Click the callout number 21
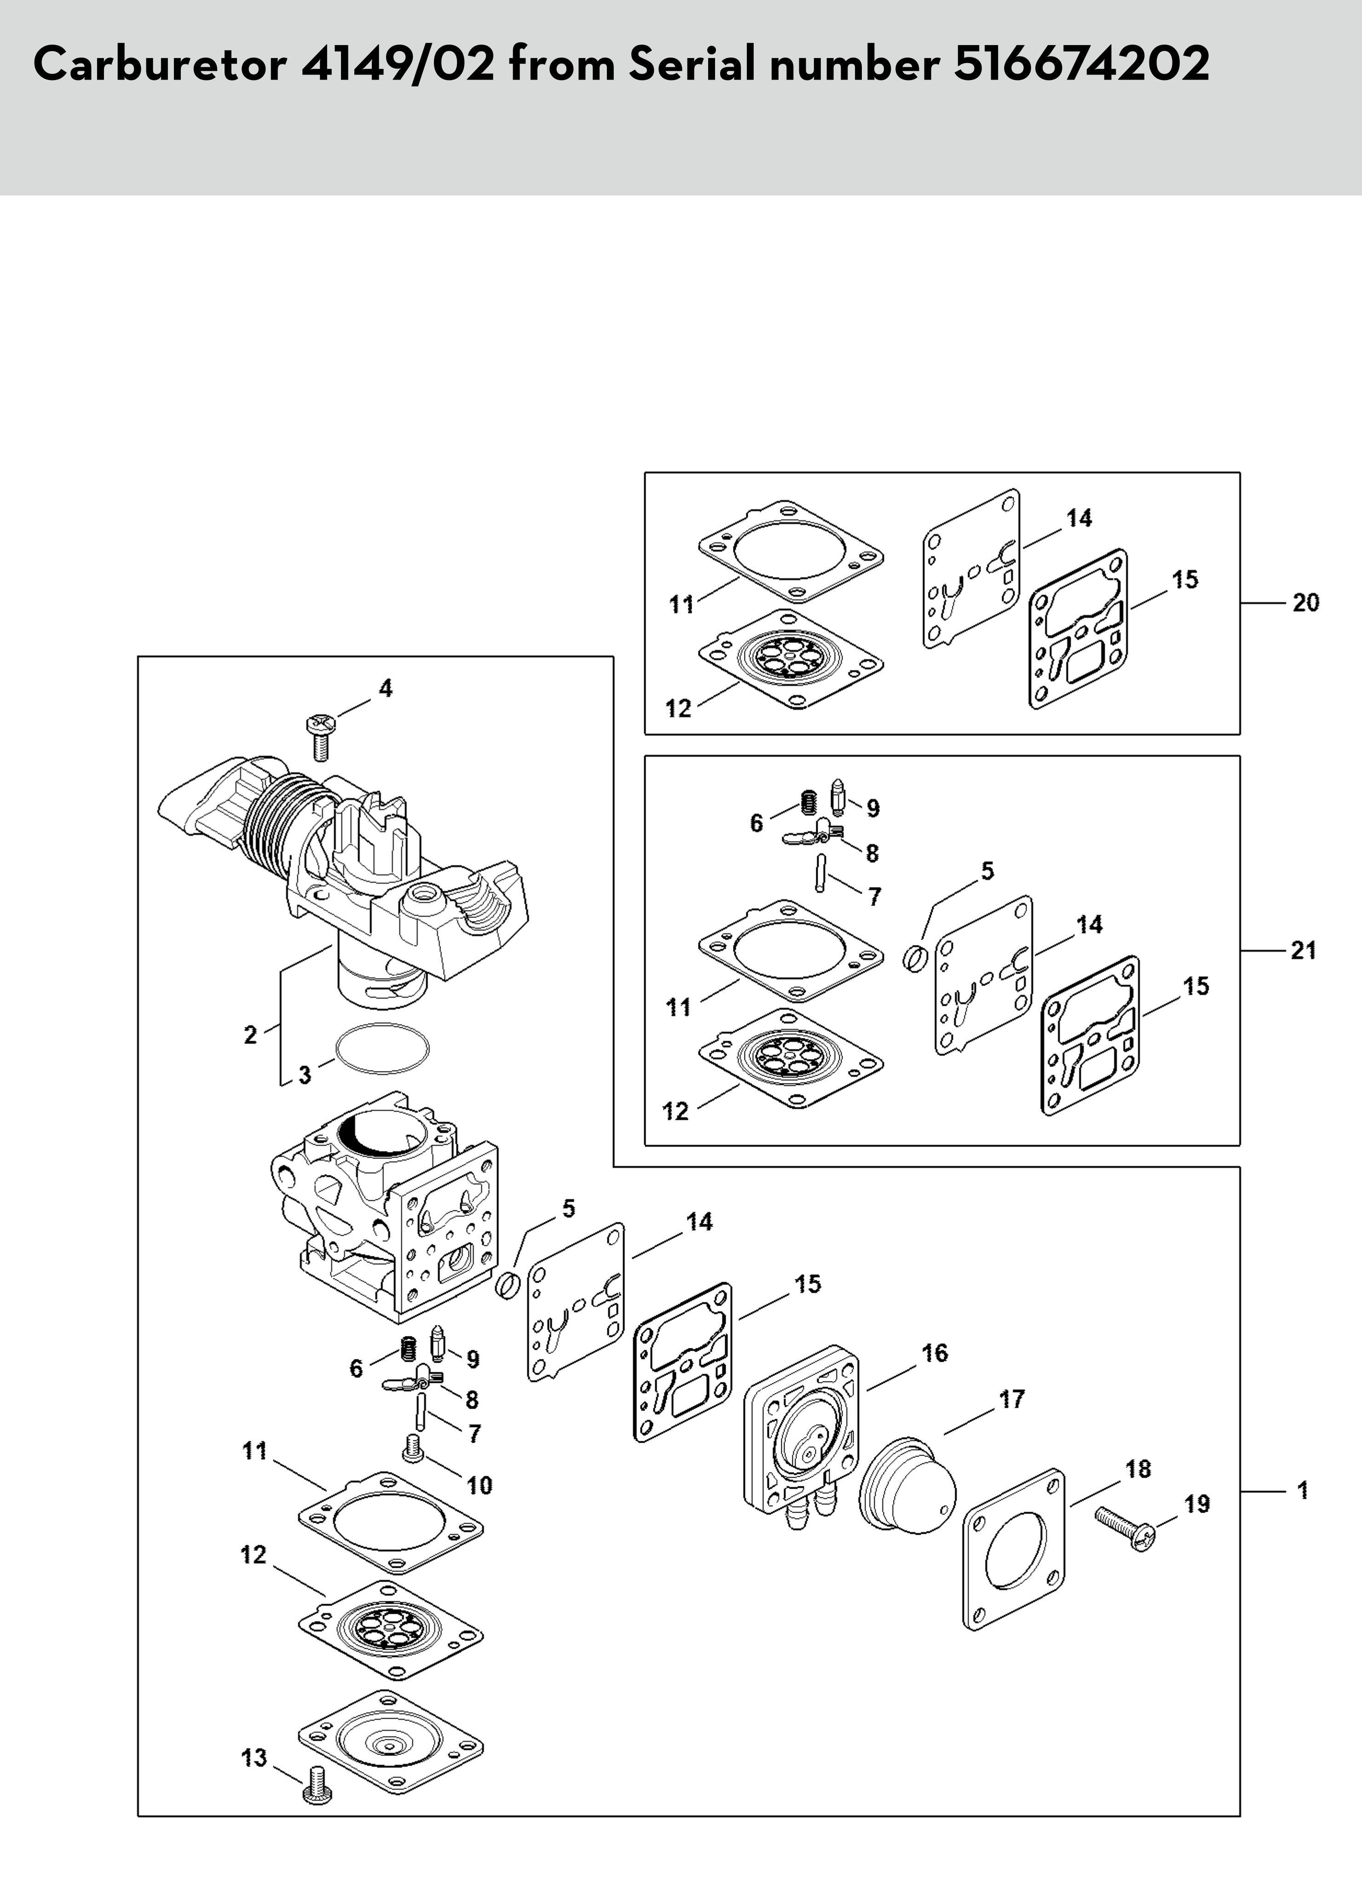click(1304, 950)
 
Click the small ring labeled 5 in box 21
click(915, 959)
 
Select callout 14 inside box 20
click(1079, 518)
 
